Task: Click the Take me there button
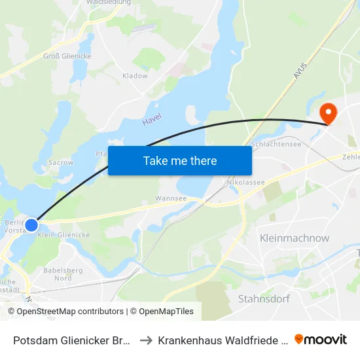180,160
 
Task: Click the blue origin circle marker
31,225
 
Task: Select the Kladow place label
135,76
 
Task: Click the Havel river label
152,118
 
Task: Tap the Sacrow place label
61,162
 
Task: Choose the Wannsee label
171,198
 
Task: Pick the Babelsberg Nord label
62,274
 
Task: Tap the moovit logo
321,339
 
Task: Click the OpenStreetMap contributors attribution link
69,312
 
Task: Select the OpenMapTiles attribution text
164,312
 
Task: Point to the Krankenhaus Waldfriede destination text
223,340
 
